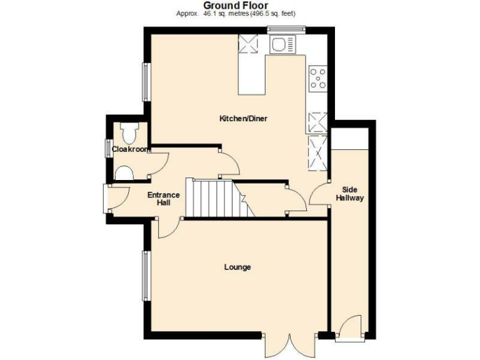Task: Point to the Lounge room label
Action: (237, 267)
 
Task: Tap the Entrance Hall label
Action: (163, 199)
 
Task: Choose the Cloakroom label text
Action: (130, 149)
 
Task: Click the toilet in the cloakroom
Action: (130, 133)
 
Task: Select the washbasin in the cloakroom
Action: (123, 173)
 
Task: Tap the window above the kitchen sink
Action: (286, 27)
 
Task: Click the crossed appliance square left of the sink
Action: (249, 44)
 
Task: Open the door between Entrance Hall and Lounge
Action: (167, 227)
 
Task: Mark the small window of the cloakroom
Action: (106, 149)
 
